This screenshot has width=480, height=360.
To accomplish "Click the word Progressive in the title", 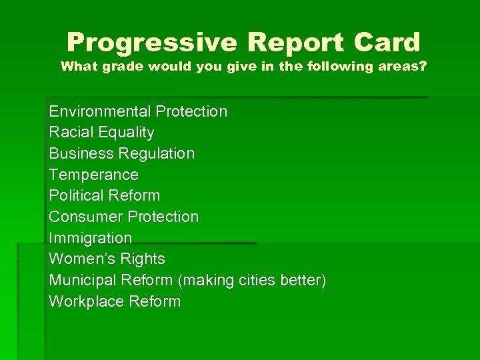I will [151, 43].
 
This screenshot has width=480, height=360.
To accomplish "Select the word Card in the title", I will [387, 43].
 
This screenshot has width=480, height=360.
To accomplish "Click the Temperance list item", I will [94, 175].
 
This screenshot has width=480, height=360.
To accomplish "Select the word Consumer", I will [86, 217].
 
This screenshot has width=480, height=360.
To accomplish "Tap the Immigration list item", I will [91, 238].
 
